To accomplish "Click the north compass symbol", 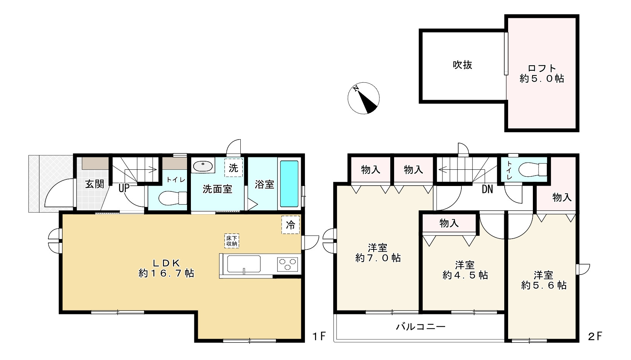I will (x=363, y=98).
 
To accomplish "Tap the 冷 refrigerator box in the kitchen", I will (x=290, y=225).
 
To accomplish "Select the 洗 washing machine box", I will (x=233, y=168).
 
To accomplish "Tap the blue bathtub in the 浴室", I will (x=289, y=184).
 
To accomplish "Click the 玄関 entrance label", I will (x=95, y=184).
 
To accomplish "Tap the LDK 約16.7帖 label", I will (x=166, y=268).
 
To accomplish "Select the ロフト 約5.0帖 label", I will (x=542, y=73).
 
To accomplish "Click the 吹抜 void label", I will (x=462, y=65).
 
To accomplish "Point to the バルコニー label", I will (x=420, y=327).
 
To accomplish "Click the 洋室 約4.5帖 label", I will (x=465, y=270).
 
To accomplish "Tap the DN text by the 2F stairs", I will (x=487, y=189).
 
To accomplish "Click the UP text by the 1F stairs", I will (x=124, y=188).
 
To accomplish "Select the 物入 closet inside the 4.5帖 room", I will (x=449, y=223).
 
